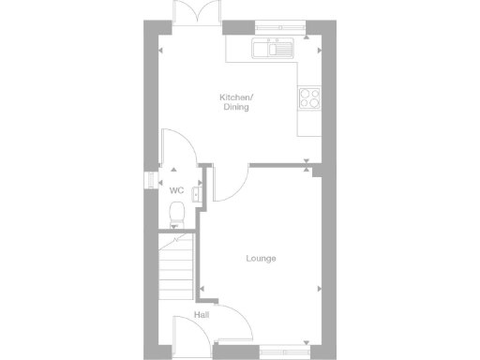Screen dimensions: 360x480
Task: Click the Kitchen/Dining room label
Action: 235,102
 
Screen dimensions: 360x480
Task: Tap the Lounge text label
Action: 261,259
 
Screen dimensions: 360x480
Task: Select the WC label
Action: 175,190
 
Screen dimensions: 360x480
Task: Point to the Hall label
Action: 202,315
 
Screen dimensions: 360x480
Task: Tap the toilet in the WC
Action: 175,215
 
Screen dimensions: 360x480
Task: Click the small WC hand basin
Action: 195,194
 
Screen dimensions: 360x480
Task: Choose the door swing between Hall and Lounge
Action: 235,325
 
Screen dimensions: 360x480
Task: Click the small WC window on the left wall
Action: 146,180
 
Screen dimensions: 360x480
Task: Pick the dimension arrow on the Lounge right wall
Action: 320,288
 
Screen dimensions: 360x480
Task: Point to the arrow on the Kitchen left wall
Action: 160,51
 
